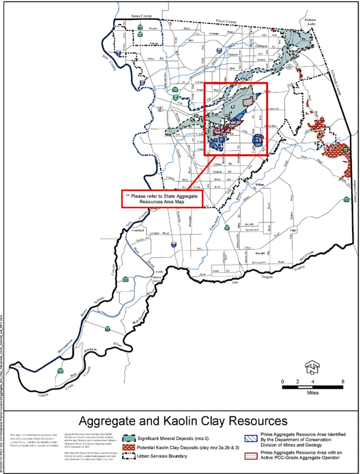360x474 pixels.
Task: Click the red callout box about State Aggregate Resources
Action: click(162, 199)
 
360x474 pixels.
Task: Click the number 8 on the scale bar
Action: click(343, 382)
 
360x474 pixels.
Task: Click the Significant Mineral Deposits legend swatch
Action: click(129, 439)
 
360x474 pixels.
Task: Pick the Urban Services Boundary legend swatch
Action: click(129, 457)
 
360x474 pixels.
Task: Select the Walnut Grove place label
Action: click(157, 279)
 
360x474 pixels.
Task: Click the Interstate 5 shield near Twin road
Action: click(174, 245)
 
